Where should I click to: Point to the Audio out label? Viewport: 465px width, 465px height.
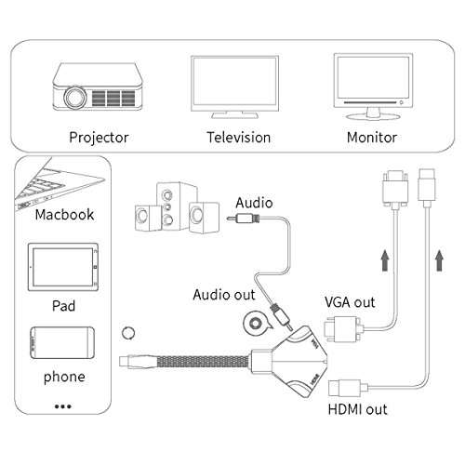tap(223, 295)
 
